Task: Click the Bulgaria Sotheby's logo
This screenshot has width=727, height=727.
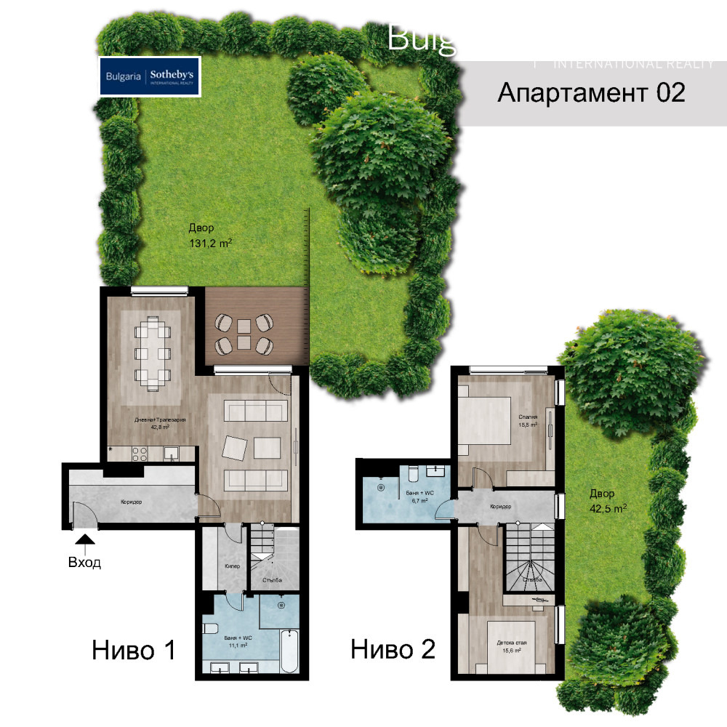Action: click(149, 76)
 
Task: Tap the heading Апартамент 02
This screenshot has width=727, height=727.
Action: click(591, 93)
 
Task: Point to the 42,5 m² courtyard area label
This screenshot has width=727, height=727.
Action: click(608, 501)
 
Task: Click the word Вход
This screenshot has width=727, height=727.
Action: click(85, 562)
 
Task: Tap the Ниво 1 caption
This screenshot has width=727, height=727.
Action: click(134, 649)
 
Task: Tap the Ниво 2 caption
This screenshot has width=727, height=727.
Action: click(393, 649)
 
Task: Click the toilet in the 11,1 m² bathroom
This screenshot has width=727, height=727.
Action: click(210, 630)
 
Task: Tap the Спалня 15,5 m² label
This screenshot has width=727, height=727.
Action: click(528, 420)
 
